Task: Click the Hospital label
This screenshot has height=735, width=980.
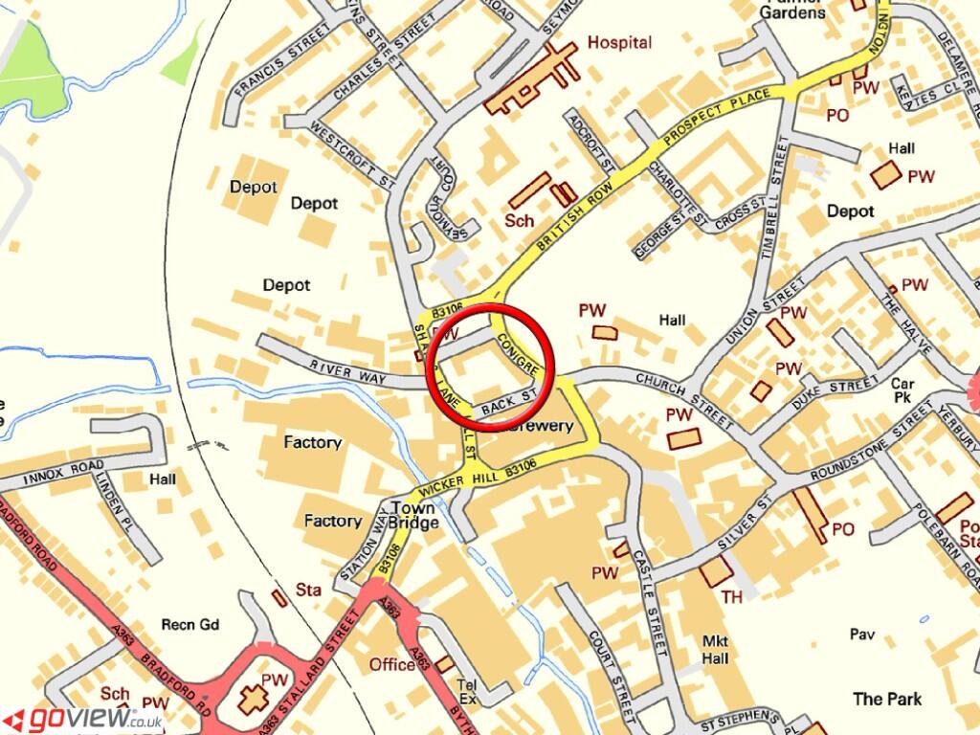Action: coord(619,42)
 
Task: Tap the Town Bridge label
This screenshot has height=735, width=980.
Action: coord(413,515)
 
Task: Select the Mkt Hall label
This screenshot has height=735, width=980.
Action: coord(715,650)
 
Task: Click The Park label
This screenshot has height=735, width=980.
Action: coord(887,699)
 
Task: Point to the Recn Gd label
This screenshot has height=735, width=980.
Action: coord(189,626)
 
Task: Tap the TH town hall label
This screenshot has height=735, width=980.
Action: coord(732,597)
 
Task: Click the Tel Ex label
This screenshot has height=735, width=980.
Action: coord(467,692)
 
